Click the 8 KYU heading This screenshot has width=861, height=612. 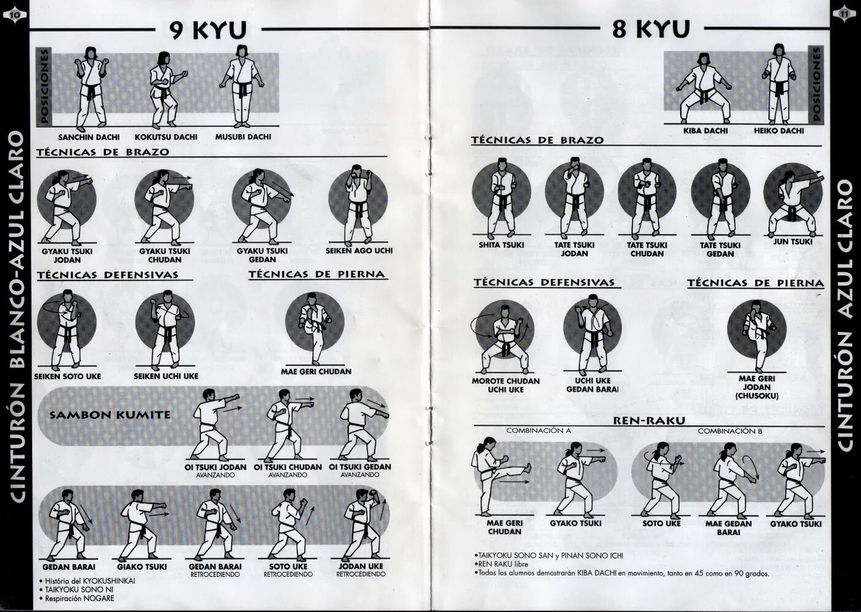click(651, 28)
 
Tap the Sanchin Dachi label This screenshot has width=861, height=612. click(89, 137)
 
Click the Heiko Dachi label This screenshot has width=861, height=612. click(779, 131)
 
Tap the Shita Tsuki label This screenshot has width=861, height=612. click(501, 245)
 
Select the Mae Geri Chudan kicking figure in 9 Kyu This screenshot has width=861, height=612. click(315, 328)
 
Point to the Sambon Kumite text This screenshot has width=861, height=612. click(110, 415)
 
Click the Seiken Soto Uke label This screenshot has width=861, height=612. click(67, 376)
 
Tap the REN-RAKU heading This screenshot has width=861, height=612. click(649, 421)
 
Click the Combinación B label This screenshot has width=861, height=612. click(730, 431)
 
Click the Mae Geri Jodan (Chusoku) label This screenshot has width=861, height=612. click(759, 388)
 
